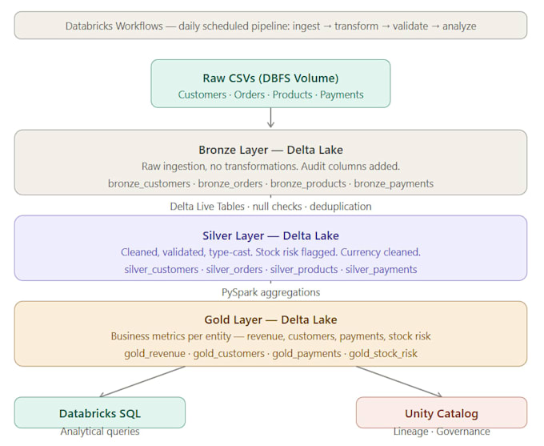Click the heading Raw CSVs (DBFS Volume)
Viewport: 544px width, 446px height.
click(270, 78)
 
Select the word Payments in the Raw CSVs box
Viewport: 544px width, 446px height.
click(342, 94)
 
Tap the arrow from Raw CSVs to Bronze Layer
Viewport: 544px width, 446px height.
click(270, 118)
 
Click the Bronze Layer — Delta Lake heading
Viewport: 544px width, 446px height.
click(270, 150)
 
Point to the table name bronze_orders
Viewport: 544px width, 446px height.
click(230, 183)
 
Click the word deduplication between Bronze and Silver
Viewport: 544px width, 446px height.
click(340, 207)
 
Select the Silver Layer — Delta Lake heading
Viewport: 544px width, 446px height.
click(270, 235)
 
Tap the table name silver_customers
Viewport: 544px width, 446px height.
click(162, 269)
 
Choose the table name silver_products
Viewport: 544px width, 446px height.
click(304, 269)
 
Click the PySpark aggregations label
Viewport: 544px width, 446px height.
click(270, 292)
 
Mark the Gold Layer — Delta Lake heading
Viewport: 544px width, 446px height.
click(270, 319)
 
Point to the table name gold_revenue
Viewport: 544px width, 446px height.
click(154, 353)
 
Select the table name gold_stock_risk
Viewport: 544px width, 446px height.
click(383, 353)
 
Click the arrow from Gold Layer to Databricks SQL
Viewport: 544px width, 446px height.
click(142, 381)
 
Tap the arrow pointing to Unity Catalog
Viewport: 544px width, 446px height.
click(399, 381)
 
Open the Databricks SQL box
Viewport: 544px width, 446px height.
click(100, 412)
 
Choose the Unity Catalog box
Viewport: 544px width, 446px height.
click(442, 412)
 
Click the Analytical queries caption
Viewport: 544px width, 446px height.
click(100, 432)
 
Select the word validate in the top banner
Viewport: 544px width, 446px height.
click(410, 26)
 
